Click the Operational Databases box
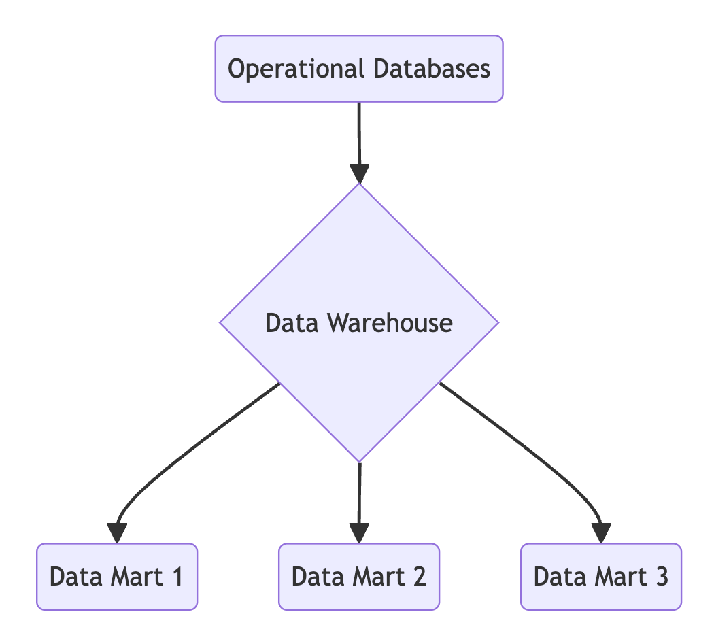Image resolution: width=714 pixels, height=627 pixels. tap(359, 69)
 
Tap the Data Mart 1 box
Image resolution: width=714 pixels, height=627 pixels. tap(117, 577)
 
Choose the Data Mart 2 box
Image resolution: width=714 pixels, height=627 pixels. tap(359, 577)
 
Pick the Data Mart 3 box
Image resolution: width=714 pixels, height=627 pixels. tap(601, 577)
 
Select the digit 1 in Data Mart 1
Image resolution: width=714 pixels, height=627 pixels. tap(177, 577)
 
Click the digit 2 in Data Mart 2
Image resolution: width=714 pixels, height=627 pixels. tap(419, 577)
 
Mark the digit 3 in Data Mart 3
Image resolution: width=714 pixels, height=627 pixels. tap(662, 577)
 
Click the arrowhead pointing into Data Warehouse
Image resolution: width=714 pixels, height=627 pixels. tap(359, 174)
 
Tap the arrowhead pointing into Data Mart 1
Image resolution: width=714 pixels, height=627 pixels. tap(117, 533)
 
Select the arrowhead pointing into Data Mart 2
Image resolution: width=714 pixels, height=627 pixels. tap(359, 533)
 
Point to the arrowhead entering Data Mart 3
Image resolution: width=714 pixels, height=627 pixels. tap(602, 533)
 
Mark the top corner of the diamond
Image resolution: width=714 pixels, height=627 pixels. tap(359, 185)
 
